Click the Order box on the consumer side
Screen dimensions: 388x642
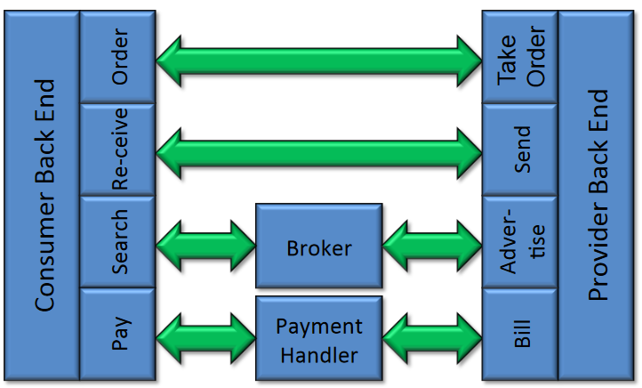tap(117, 57)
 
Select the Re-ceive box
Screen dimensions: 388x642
tap(117, 150)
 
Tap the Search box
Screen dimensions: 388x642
tap(117, 241)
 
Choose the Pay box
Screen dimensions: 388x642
tap(117, 333)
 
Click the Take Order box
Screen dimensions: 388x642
tap(519, 57)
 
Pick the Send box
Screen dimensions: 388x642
tap(519, 150)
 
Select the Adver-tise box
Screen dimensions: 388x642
tap(519, 241)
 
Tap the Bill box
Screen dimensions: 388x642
tap(519, 333)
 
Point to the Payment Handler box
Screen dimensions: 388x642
tap(319, 339)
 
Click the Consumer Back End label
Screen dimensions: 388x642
tap(44, 196)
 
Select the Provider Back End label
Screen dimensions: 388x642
tap(598, 196)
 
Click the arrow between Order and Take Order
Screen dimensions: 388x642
tap(319, 60)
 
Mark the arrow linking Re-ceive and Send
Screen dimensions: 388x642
tap(319, 151)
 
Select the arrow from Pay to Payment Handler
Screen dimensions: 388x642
tap(205, 335)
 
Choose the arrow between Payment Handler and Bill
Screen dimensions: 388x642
tap(432, 335)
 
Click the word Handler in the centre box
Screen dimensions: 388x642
tap(319, 354)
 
